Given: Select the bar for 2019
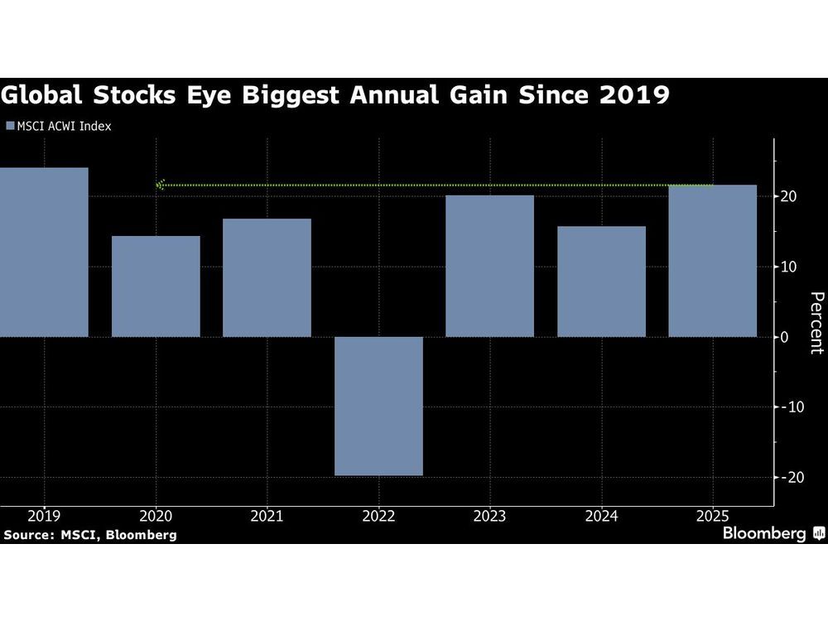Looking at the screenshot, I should pyautogui.click(x=44, y=253).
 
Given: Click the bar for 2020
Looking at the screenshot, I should pyautogui.click(x=156, y=286).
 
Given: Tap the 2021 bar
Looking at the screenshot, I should pyautogui.click(x=267, y=277).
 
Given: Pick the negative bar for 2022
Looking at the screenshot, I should pyautogui.click(x=378, y=406).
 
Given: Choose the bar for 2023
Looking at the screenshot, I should pyautogui.click(x=489, y=266).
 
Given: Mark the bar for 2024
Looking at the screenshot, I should pyautogui.click(x=601, y=282).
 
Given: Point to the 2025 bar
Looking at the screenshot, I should pyautogui.click(x=712, y=261).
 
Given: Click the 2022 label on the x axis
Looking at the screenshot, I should pyautogui.click(x=378, y=517).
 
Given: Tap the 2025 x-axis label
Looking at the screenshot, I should pyautogui.click(x=712, y=517).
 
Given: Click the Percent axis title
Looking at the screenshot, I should pyautogui.click(x=816, y=323).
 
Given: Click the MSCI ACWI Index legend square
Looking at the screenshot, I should pyautogui.click(x=10, y=127).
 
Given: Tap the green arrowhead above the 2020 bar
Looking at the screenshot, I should pyautogui.click(x=161, y=185).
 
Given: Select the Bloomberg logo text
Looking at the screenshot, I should pyautogui.click(x=763, y=533).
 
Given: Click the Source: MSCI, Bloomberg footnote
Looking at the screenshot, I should pyautogui.click(x=89, y=535).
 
